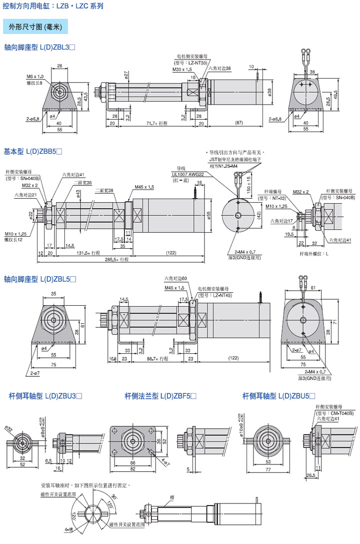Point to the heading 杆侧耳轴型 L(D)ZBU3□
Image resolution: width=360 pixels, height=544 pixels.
click(x=45, y=396)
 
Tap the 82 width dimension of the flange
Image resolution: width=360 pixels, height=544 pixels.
click(x=132, y=469)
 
